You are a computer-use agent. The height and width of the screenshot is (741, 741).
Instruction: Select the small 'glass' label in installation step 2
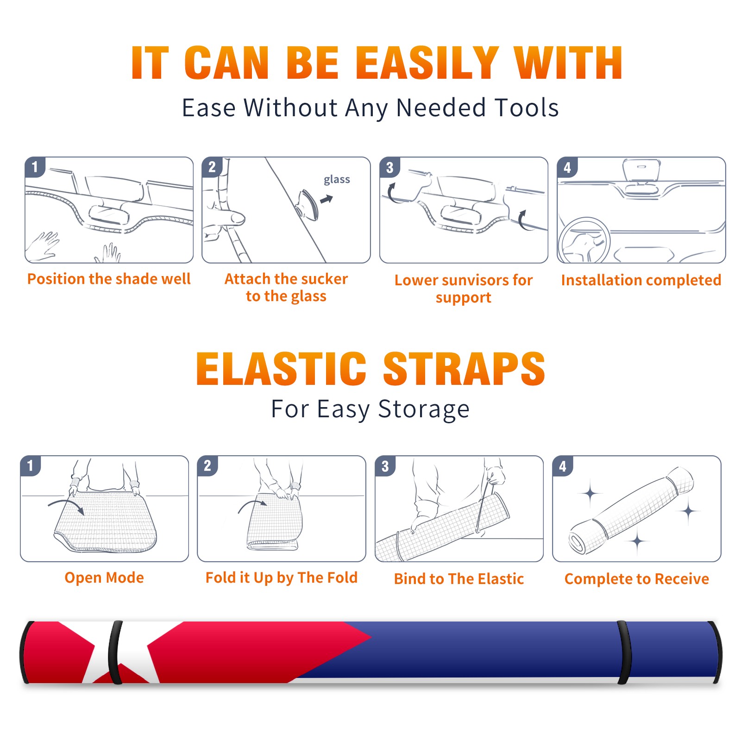[x=337, y=180]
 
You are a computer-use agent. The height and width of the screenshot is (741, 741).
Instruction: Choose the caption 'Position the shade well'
[x=109, y=279]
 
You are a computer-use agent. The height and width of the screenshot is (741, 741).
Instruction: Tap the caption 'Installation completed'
[x=641, y=280]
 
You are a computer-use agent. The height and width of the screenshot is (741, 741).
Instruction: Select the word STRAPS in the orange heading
[x=464, y=369]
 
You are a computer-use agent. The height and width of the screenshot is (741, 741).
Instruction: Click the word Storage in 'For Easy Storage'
[x=424, y=409]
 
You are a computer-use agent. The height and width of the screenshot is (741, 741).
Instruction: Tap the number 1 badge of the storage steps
[x=31, y=465]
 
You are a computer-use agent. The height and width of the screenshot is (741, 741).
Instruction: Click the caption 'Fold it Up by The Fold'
[x=282, y=578]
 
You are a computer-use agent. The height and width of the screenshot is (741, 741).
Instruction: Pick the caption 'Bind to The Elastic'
[x=459, y=579]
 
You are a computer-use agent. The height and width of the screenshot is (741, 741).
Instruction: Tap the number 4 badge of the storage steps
[x=563, y=466]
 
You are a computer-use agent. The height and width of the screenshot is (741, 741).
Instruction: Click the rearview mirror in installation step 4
[x=641, y=170]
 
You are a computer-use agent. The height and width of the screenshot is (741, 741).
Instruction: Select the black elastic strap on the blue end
[x=624, y=653]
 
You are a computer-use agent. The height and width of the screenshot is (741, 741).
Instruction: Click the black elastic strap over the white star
[x=115, y=653]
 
